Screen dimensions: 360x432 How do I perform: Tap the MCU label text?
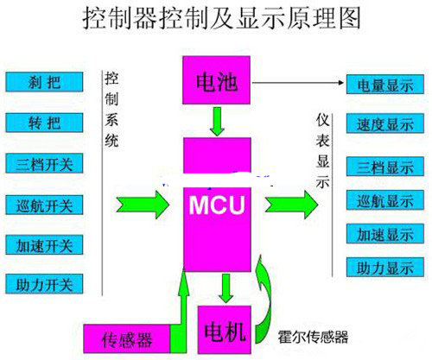coord(218,208)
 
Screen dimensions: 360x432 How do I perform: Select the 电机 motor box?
coord(224,331)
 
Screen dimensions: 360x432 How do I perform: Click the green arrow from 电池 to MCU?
coord(219,122)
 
